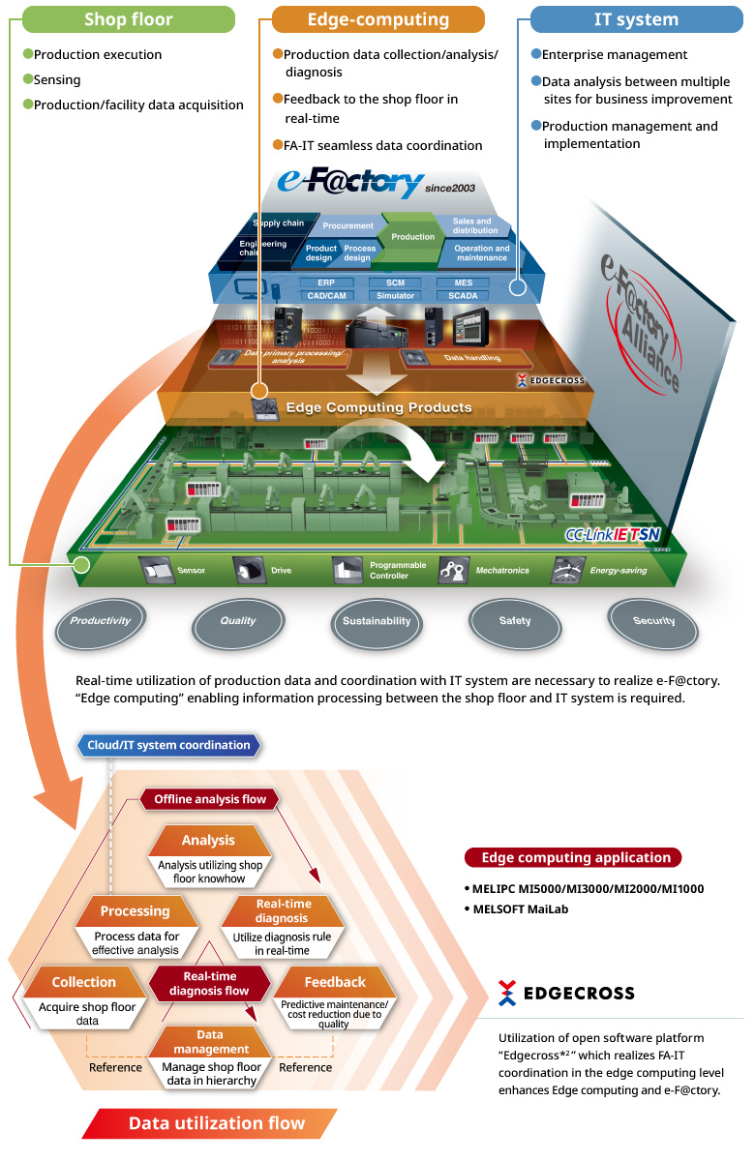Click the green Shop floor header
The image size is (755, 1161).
(128, 19)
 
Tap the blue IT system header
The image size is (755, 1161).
(636, 19)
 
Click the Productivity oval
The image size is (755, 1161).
(100, 621)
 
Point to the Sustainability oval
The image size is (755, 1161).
(377, 621)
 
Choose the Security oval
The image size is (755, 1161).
(653, 621)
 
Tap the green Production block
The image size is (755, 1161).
(413, 236)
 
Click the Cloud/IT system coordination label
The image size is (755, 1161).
(168, 745)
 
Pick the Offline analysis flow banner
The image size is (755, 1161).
(210, 799)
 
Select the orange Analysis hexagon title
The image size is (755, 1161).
(208, 841)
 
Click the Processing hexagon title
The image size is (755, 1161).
(135, 911)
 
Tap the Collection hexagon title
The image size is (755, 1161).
(84, 982)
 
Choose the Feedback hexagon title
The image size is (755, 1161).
(335, 982)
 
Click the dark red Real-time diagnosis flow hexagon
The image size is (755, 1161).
(209, 983)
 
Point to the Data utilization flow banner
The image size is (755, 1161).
(216, 1123)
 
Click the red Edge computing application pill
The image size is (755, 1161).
(575, 857)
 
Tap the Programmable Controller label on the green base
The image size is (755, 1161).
(397, 570)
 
